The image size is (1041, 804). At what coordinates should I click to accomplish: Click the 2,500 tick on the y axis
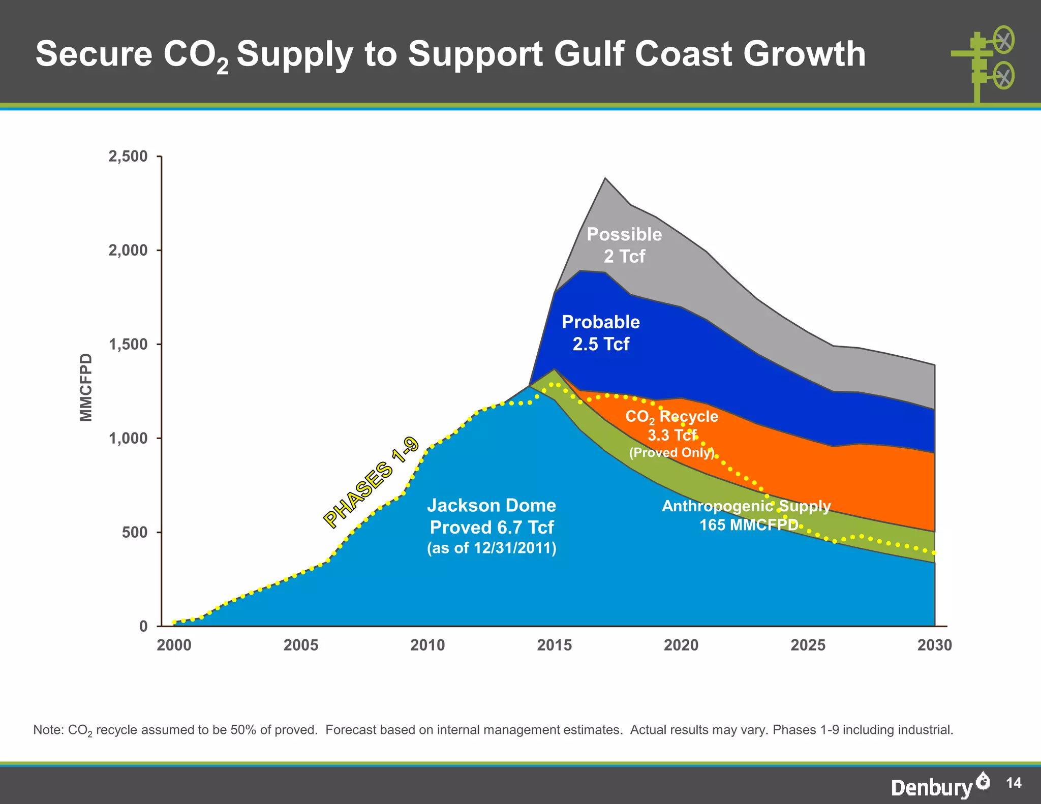[x=128, y=157]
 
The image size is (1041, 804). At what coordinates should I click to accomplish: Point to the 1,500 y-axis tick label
[x=128, y=345]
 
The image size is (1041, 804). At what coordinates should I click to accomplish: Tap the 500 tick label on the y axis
[x=135, y=533]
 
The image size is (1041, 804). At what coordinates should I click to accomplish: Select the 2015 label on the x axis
[x=554, y=645]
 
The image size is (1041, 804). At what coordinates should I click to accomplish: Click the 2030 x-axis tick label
[x=934, y=645]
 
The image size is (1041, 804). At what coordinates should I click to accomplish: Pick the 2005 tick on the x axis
[x=301, y=645]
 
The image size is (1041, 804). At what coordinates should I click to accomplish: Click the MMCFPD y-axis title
[x=86, y=387]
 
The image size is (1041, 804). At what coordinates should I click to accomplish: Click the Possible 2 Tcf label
[x=624, y=245]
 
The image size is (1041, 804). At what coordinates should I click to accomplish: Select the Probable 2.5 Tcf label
[x=601, y=333]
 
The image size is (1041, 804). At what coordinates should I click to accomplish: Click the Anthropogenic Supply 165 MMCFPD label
[x=746, y=515]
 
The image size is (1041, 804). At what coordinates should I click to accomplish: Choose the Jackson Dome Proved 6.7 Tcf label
[x=492, y=526]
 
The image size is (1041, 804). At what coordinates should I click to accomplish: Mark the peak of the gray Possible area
[x=605, y=179]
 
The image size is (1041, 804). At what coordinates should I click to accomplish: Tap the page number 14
[x=1014, y=783]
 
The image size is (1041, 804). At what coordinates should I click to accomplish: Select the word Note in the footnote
[x=48, y=730]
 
